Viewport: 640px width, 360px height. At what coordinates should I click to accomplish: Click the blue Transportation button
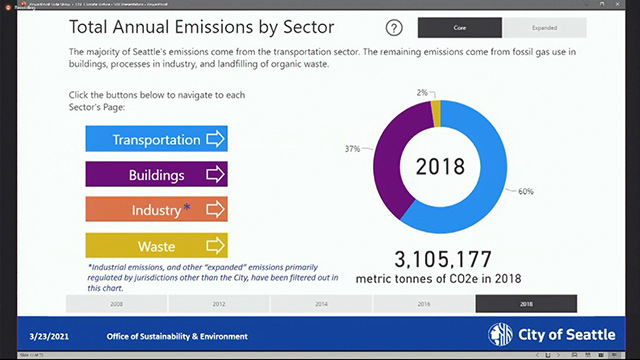tap(157, 139)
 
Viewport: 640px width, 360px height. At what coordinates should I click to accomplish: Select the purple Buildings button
tap(157, 174)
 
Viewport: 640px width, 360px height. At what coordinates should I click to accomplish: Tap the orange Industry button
tap(157, 210)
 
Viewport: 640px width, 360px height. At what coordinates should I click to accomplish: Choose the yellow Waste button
tap(157, 245)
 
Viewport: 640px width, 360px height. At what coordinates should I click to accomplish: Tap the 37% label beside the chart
tap(352, 148)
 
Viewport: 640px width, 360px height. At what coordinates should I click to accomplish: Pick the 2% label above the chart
tap(424, 92)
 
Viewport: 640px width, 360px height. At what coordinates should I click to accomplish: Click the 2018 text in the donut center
tap(442, 166)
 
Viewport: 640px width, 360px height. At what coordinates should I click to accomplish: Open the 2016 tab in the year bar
tap(424, 303)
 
